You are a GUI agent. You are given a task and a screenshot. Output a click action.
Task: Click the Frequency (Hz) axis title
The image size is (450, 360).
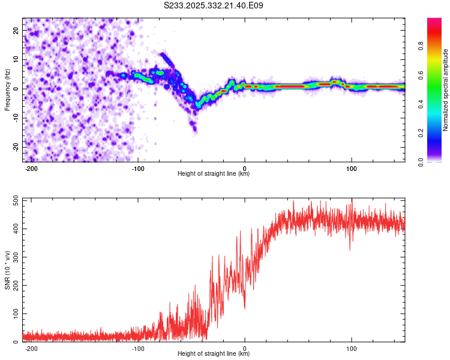tap(7, 90)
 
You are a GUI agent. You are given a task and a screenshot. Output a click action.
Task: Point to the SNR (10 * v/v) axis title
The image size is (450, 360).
tap(7, 270)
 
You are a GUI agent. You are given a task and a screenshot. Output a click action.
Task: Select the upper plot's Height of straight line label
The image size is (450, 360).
tap(214, 174)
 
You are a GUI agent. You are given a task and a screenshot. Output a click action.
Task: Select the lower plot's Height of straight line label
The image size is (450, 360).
tap(214, 354)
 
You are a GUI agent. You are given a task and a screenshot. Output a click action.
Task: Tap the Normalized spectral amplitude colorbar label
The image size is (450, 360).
tap(445, 90)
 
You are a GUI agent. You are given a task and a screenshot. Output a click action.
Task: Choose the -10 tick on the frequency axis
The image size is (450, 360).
tap(16, 118)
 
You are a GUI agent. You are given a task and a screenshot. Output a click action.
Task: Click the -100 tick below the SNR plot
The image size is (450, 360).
tap(138, 349)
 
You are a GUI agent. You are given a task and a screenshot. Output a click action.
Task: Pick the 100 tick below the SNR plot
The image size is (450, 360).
tap(351, 349)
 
